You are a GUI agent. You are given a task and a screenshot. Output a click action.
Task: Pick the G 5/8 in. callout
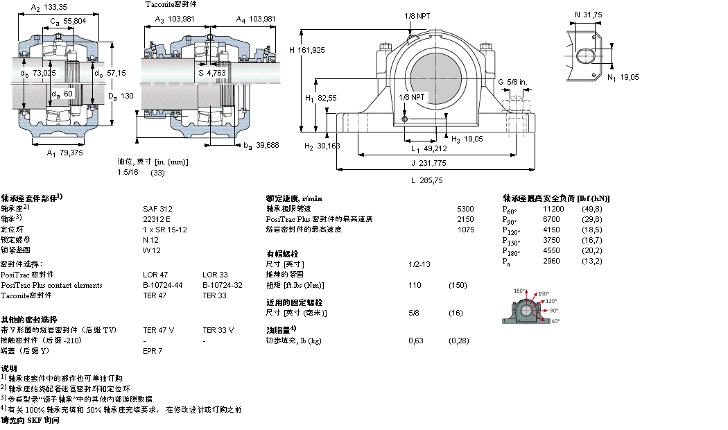(512, 82)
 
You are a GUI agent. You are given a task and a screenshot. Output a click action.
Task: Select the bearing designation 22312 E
(156, 218)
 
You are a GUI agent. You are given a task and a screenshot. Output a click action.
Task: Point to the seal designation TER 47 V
(158, 330)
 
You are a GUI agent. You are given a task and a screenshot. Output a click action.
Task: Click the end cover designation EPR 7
(152, 351)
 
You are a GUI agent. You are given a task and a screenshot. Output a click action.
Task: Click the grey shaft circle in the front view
(435, 76)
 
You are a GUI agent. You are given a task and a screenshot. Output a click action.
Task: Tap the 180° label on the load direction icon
(519, 291)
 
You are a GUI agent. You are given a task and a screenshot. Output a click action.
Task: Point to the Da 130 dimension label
(119, 96)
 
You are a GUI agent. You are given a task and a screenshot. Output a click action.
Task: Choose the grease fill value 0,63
(416, 341)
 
